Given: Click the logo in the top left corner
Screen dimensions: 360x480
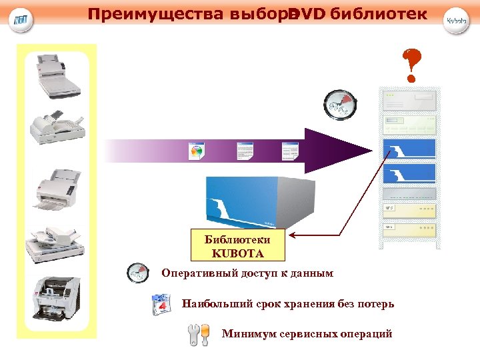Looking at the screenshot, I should [21, 20].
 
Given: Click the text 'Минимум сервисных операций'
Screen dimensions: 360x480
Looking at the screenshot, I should [307, 334].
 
